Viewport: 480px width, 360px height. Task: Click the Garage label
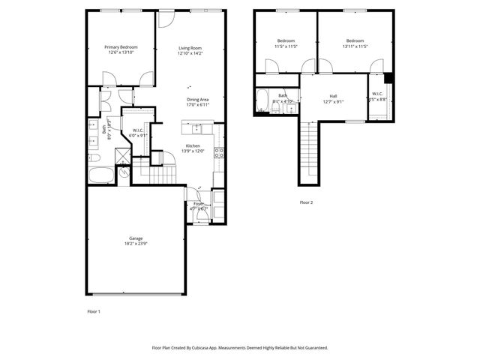point(136,240)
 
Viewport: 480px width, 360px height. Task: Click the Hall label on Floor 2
point(333,96)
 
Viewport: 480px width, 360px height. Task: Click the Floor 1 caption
point(93,310)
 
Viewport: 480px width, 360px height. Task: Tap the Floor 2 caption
point(306,202)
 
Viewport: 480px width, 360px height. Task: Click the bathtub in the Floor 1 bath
point(101,175)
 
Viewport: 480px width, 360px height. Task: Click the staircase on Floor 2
point(309,150)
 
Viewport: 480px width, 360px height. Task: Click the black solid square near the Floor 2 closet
point(388,77)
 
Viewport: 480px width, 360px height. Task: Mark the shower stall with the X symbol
point(120,156)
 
